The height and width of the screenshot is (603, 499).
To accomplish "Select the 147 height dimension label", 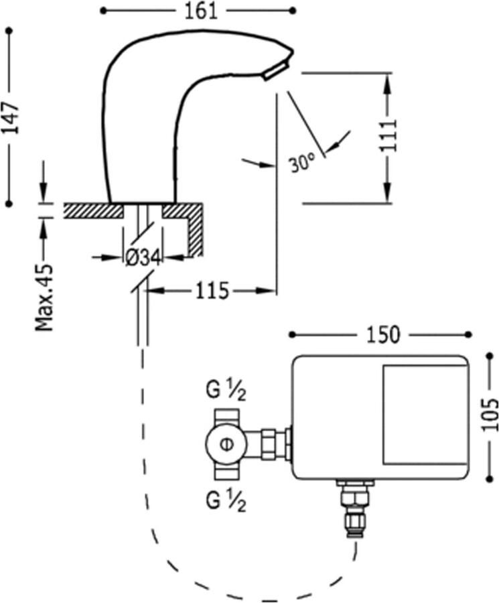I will coord(10,117).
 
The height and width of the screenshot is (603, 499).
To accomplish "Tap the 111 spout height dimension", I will coord(388,136).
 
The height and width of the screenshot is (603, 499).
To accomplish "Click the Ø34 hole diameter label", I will coord(142,257).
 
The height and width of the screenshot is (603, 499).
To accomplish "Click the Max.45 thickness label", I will coord(45,296).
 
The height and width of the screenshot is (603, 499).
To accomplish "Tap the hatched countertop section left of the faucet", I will coord(92,210).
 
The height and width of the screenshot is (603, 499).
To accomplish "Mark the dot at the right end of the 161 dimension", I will coord(292,11).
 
